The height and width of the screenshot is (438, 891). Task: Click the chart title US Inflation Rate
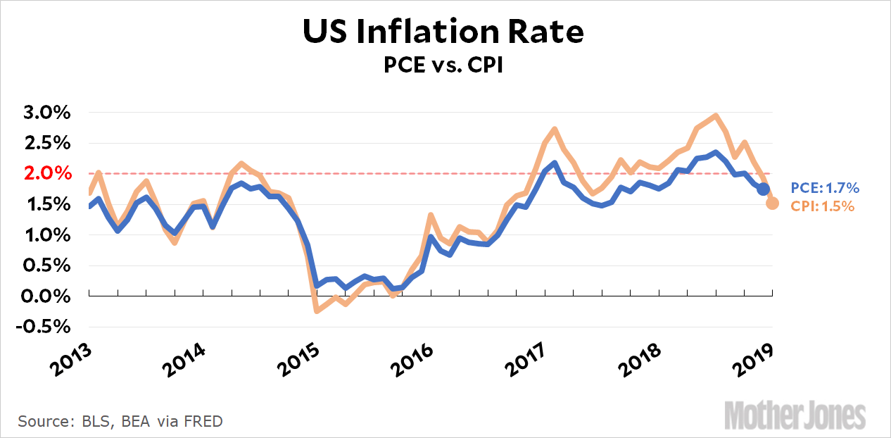(443, 32)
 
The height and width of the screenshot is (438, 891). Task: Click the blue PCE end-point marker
(763, 189)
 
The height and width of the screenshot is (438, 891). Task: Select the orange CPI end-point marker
(772, 203)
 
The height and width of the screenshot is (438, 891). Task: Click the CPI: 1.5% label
(823, 206)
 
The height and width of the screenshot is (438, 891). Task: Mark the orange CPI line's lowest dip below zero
(317, 311)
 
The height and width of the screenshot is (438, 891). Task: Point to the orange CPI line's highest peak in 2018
(716, 115)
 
